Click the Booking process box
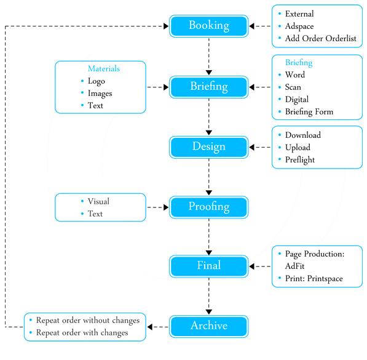pos(209,26)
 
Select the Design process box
pos(209,147)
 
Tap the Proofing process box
pos(209,207)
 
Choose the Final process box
pos(209,266)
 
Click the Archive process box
pos(209,326)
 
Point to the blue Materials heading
pos(104,68)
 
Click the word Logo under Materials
pos(96,81)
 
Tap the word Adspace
pos(299,26)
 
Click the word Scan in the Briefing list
pos(293,87)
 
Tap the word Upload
pos(298,148)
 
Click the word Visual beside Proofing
pos(98,201)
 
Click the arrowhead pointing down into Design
pos(209,133)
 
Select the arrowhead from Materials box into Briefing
pos(166,87)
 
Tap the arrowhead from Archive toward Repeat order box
pos(150,327)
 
